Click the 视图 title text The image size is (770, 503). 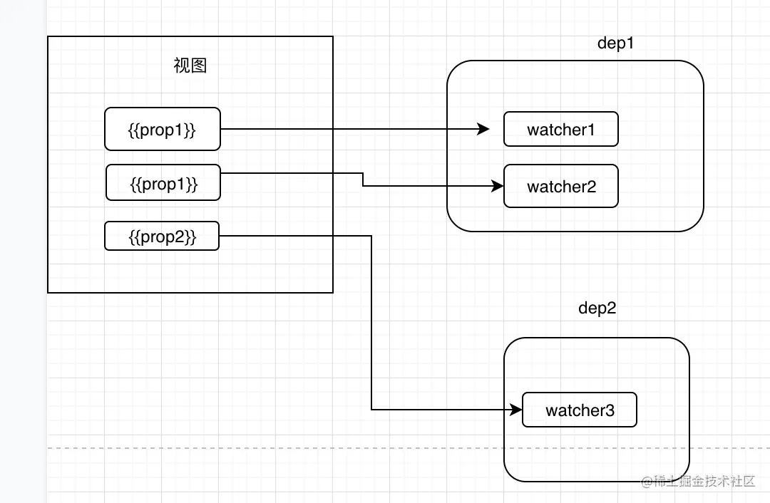[x=190, y=66]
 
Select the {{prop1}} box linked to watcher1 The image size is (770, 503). [x=163, y=129]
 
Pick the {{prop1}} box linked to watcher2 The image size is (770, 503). [x=163, y=184]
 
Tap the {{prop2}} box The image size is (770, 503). [x=162, y=236]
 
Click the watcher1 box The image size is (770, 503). [x=560, y=129]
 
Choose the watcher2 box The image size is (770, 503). [x=560, y=187]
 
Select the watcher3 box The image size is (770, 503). [x=579, y=410]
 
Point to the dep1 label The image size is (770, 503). [x=615, y=43]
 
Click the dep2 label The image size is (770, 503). [x=597, y=308]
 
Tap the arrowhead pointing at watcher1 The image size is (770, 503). [x=484, y=129]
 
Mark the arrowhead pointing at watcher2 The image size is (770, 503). [x=498, y=187]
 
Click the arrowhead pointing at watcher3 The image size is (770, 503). [x=517, y=410]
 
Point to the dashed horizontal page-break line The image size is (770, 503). [x=285, y=448]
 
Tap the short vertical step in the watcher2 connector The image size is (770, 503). [x=363, y=180]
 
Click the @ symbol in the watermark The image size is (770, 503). [x=647, y=482]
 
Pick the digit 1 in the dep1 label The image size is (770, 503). [x=630, y=43]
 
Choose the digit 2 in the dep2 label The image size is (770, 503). [x=611, y=308]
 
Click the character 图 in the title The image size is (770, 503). [x=199, y=66]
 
